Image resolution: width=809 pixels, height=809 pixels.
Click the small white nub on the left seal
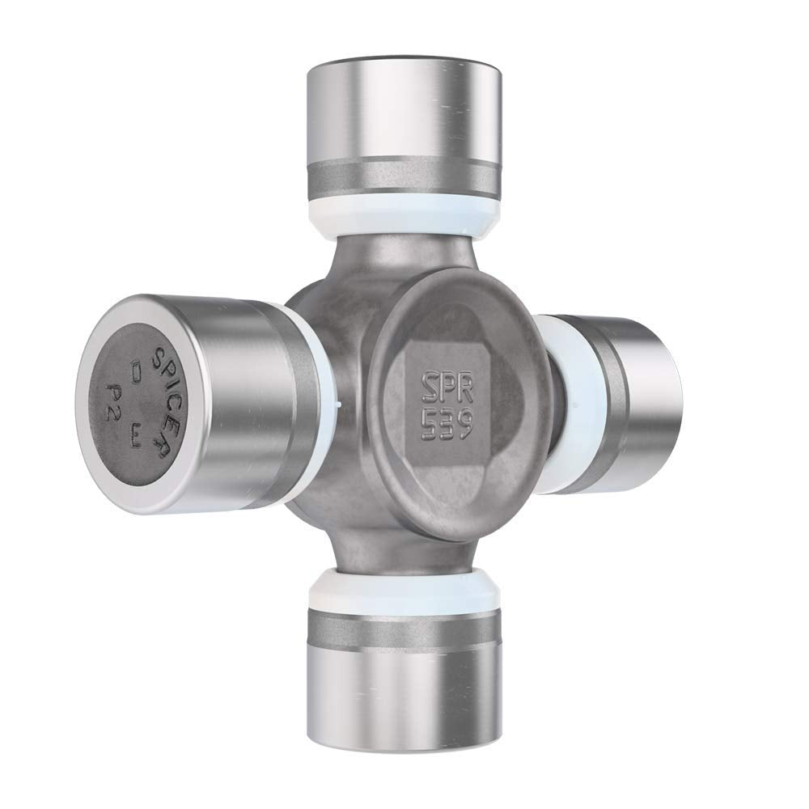339,400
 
